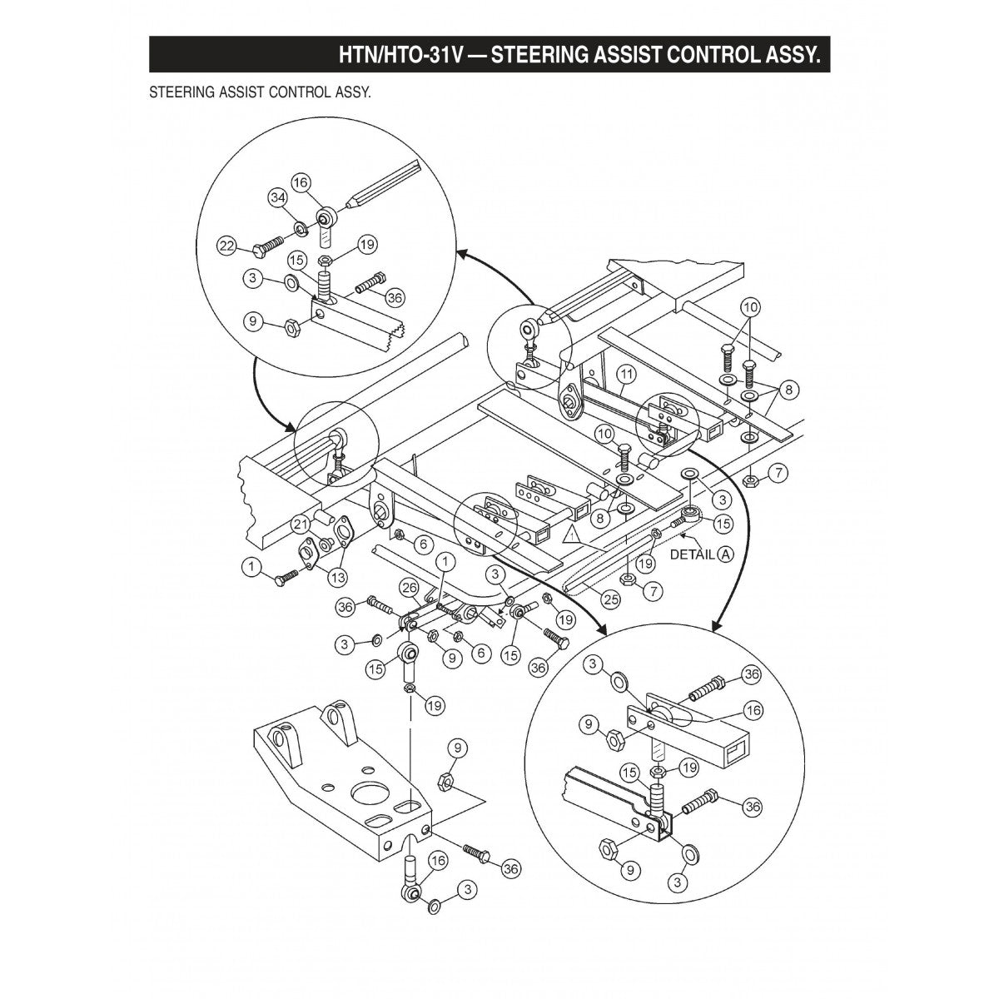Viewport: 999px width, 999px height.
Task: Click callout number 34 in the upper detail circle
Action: click(277, 197)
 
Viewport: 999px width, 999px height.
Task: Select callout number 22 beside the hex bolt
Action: click(226, 246)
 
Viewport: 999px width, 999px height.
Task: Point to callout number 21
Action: click(300, 523)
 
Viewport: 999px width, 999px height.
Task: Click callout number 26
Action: click(408, 587)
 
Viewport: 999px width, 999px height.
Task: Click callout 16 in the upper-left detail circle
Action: click(301, 182)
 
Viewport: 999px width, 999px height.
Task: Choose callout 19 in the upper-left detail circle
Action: click(368, 244)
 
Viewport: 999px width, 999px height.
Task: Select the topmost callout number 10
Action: click(751, 307)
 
